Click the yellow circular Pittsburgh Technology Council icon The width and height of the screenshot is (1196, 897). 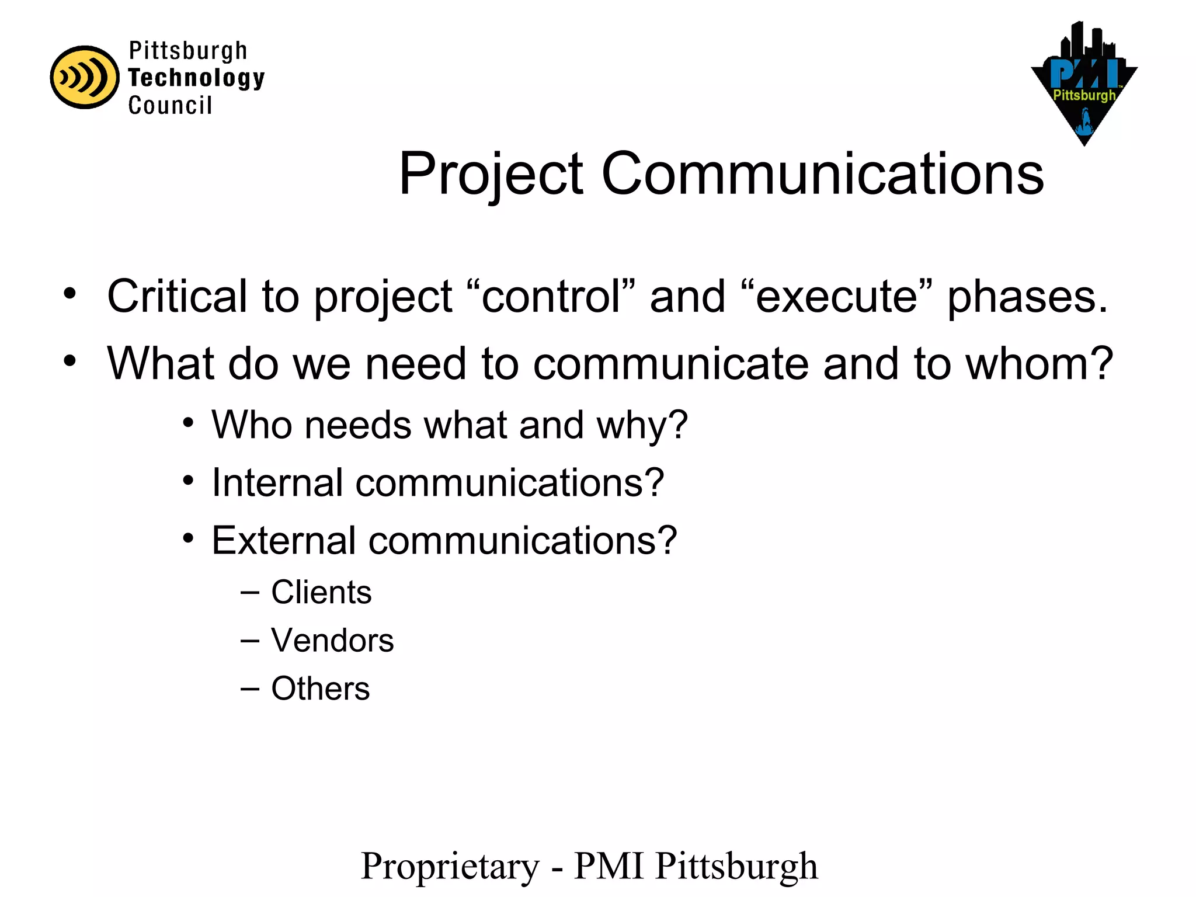pyautogui.click(x=85, y=77)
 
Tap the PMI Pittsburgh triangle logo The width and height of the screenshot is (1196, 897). pyautogui.click(x=1084, y=88)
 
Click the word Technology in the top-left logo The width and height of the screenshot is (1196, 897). pyautogui.click(x=196, y=78)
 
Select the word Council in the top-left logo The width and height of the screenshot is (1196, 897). pyautogui.click(x=170, y=106)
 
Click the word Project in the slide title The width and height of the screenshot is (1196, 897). pyautogui.click(x=491, y=174)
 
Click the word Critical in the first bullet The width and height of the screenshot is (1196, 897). pyautogui.click(x=177, y=296)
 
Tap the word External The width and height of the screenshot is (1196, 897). pyautogui.click(x=283, y=540)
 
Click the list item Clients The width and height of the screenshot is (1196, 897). pyautogui.click(x=321, y=592)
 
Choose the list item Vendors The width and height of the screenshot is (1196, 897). pyautogui.click(x=332, y=640)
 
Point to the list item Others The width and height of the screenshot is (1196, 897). pyautogui.click(x=320, y=688)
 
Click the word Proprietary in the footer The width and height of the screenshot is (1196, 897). pyautogui.click(x=450, y=867)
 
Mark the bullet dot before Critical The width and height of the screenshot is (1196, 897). pyautogui.click(x=70, y=293)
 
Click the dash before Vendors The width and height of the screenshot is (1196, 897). pyautogui.click(x=249, y=641)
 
